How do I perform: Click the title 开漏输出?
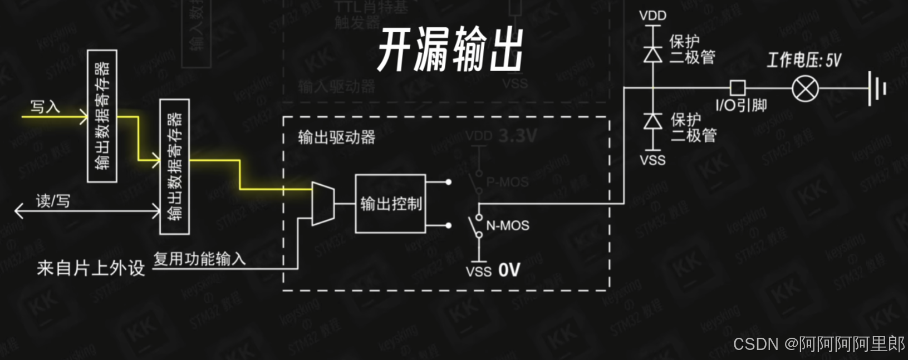coord(450,50)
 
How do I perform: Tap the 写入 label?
coord(45,106)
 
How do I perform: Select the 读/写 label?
coord(53,200)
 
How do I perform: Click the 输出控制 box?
coord(390,204)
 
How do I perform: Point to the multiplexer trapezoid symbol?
coord(323,204)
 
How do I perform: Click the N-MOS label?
coord(507,225)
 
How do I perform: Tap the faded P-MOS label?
coord(507,182)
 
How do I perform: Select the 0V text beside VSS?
coord(509,270)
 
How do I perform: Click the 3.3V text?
coord(517,136)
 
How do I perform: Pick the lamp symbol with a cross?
coord(805,88)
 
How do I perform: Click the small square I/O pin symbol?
coord(738,88)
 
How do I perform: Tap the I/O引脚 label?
coord(741,105)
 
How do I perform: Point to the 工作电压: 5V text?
coord(804,60)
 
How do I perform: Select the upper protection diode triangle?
coord(652,54)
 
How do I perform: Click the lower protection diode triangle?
coord(652,121)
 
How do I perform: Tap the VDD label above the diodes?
coord(652,16)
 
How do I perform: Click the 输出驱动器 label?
coord(337,137)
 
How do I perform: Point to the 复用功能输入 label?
coord(199,259)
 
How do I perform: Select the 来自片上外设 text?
coord(91,268)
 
